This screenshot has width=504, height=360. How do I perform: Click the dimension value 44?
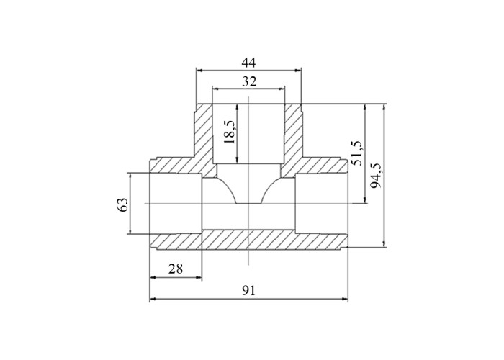[248, 63]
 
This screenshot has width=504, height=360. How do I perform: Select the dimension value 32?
[249, 81]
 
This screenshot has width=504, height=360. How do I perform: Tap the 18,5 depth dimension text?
[230, 132]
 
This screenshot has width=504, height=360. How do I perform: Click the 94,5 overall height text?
[375, 176]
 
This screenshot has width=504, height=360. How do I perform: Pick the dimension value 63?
[122, 204]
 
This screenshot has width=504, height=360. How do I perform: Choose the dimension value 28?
[176, 269]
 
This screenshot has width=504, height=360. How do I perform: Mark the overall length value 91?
[248, 291]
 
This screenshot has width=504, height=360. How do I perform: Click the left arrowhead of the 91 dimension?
[153, 300]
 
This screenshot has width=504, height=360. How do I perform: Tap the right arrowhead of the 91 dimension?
[345, 300]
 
